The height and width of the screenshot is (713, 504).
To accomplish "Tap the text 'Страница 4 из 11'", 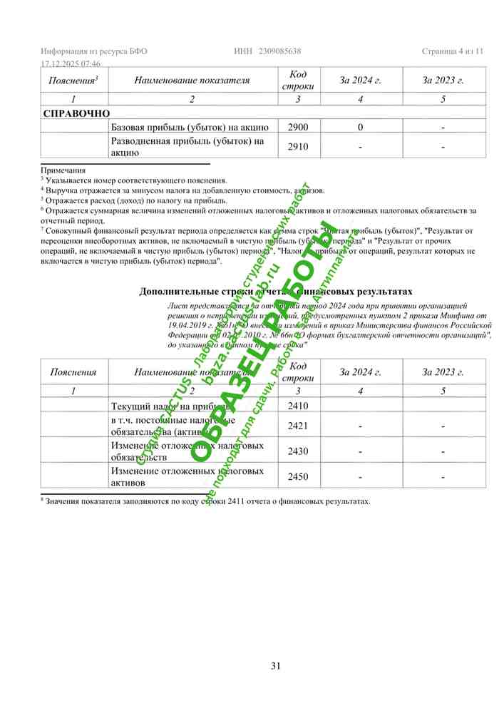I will tap(453, 51).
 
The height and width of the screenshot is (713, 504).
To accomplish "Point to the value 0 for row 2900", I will tap(361, 127).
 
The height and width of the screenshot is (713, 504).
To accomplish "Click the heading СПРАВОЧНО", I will tap(76, 113).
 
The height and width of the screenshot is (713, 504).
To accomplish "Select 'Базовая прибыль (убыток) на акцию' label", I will tap(190, 127).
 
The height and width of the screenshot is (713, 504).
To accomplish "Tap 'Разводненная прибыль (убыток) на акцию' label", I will tap(187, 146).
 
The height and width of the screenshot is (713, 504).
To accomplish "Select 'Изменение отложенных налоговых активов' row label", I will tap(187, 476).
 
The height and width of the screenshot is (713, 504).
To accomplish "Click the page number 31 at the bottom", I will tap(276, 666).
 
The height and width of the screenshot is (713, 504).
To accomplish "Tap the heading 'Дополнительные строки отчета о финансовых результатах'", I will tap(276, 291).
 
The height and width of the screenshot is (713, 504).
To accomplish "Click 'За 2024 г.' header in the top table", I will tap(361, 81).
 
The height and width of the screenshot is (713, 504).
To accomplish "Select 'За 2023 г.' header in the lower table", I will tap(443, 371).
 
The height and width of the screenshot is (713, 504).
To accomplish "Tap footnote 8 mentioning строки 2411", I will tap(207, 501).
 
